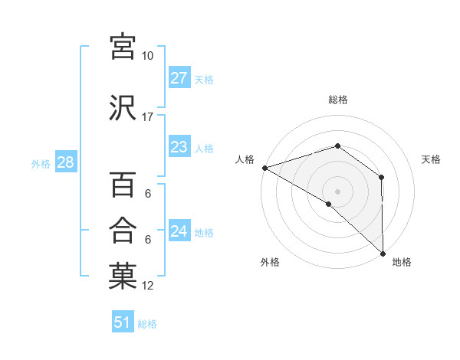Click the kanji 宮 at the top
[x=123, y=47]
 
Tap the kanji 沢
[x=123, y=107]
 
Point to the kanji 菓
[x=123, y=277]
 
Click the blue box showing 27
[x=179, y=78]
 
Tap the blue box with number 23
[x=179, y=147]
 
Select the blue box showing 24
[x=179, y=231]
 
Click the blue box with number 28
[x=65, y=162]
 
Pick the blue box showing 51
[x=123, y=322]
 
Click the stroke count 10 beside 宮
[x=147, y=56]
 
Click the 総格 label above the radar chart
[x=338, y=100]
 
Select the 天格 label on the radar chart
[x=431, y=159]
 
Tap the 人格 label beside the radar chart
[x=245, y=159]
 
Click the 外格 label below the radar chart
[x=270, y=263]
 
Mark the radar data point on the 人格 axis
[x=264, y=168]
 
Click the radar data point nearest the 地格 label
[x=383, y=253]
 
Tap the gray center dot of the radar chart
[x=338, y=191]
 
